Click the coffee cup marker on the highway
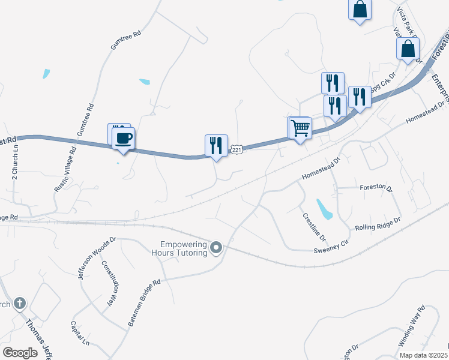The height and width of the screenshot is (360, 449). [x=124, y=139]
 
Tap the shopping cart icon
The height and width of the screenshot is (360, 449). [x=300, y=128]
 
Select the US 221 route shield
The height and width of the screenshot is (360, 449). [x=237, y=149]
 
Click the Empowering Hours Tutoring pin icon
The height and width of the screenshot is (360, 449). [x=217, y=247]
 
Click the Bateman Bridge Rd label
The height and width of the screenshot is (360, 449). [x=144, y=303]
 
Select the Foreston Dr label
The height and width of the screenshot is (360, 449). [x=376, y=188]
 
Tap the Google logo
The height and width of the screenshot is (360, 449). [x=20, y=353]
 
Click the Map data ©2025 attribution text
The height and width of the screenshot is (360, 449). [x=424, y=355]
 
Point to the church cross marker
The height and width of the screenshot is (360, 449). [x=19, y=304]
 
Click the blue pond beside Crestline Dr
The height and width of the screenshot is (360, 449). [x=324, y=209]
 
